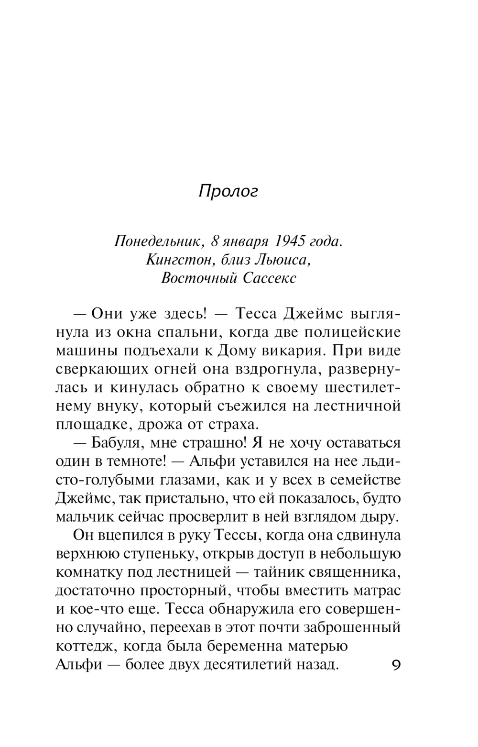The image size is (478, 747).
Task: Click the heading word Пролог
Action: [228, 191]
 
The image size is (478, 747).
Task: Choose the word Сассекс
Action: [270, 278]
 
